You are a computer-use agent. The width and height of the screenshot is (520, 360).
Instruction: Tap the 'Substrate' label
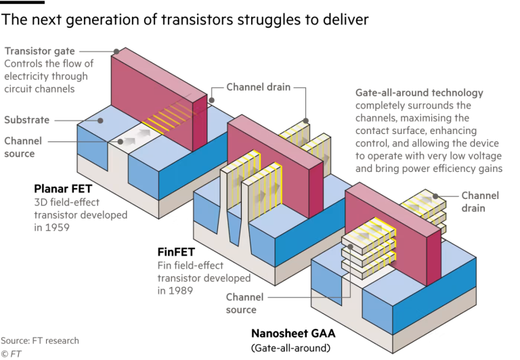pos(27,120)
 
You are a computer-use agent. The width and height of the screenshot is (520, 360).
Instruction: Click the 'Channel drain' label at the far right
pos(479,202)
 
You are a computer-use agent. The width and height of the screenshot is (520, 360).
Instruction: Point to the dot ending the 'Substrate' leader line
pos(100,120)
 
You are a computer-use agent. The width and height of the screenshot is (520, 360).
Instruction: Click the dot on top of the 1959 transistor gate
pos(116,50)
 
